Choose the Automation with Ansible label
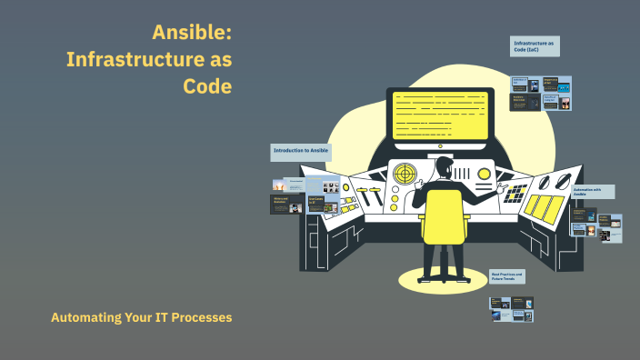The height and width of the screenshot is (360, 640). point(593,193)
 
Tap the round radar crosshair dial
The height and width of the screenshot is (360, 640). point(405,172)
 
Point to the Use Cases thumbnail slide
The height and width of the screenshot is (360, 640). point(323,203)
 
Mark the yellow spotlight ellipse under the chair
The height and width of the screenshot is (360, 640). point(443,278)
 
